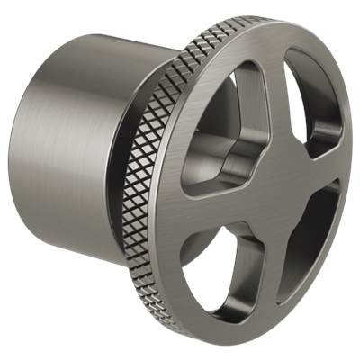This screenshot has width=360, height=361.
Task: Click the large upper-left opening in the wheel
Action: tap(222, 144)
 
